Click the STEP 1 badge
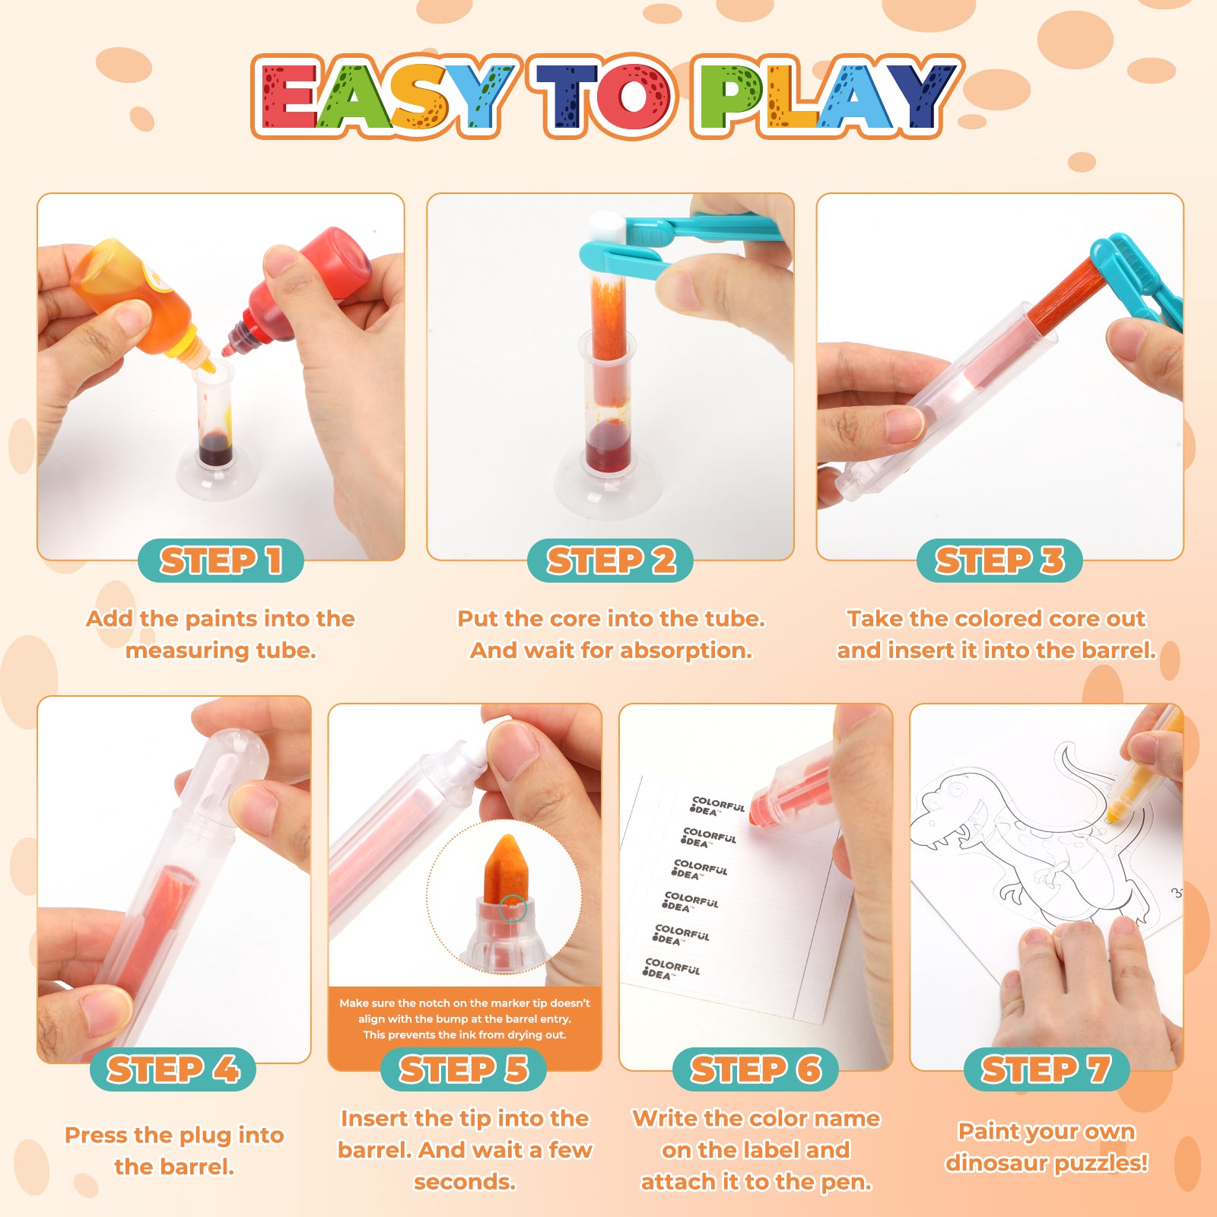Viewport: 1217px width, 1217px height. [x=221, y=561]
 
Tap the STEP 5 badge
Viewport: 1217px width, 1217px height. [x=463, y=1069]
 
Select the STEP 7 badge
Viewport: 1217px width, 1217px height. [x=1046, y=1069]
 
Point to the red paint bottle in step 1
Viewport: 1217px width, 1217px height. [x=304, y=293]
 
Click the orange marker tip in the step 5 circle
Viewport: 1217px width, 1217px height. [x=504, y=868]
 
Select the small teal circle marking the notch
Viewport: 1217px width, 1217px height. [x=513, y=908]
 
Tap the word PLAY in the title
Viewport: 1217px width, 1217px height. [x=826, y=97]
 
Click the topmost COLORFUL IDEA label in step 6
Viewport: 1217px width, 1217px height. [x=717, y=806]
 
